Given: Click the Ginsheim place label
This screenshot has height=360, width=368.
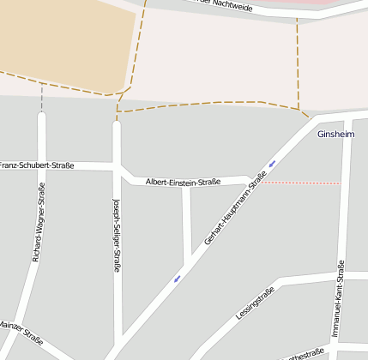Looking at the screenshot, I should [335, 135].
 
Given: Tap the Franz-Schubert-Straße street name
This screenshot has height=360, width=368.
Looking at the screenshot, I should [37, 165].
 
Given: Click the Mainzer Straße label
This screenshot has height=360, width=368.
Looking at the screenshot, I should [21, 332].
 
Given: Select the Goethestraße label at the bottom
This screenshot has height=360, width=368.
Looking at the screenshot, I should [304, 354].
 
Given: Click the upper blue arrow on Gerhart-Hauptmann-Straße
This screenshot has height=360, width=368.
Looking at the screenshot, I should [272, 163].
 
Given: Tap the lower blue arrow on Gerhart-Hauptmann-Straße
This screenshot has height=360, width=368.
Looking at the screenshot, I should [178, 278].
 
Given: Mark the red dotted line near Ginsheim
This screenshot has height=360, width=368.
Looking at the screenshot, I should [300, 183].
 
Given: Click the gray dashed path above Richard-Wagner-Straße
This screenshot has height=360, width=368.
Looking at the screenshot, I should [41, 97].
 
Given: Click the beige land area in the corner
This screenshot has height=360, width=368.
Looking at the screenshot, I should [60, 39].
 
